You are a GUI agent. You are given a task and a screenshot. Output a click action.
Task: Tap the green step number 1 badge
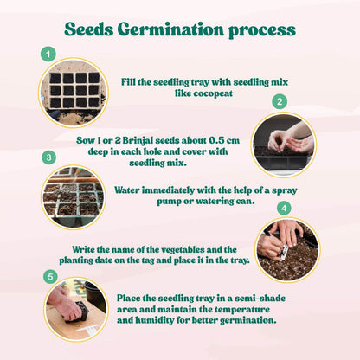tap(48, 55)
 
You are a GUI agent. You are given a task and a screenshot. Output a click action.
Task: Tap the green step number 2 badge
tap(279, 101)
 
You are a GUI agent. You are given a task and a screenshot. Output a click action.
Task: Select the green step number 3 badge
tap(48, 157)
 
